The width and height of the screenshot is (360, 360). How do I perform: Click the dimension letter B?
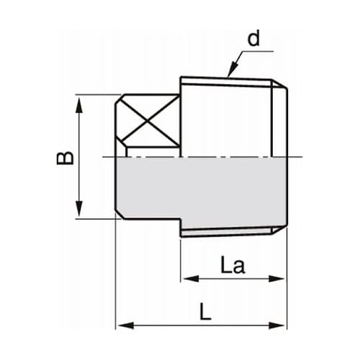click(66, 156)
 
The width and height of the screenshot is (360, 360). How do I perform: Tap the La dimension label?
click(232, 266)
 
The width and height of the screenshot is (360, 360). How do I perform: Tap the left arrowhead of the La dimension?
click(186, 279)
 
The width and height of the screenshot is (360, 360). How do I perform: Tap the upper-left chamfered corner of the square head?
click(120, 99)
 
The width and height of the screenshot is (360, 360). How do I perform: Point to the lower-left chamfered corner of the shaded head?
click(120, 214)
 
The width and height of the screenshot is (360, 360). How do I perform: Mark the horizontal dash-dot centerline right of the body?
click(297, 157)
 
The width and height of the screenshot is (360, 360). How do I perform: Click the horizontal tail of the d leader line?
click(259, 52)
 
